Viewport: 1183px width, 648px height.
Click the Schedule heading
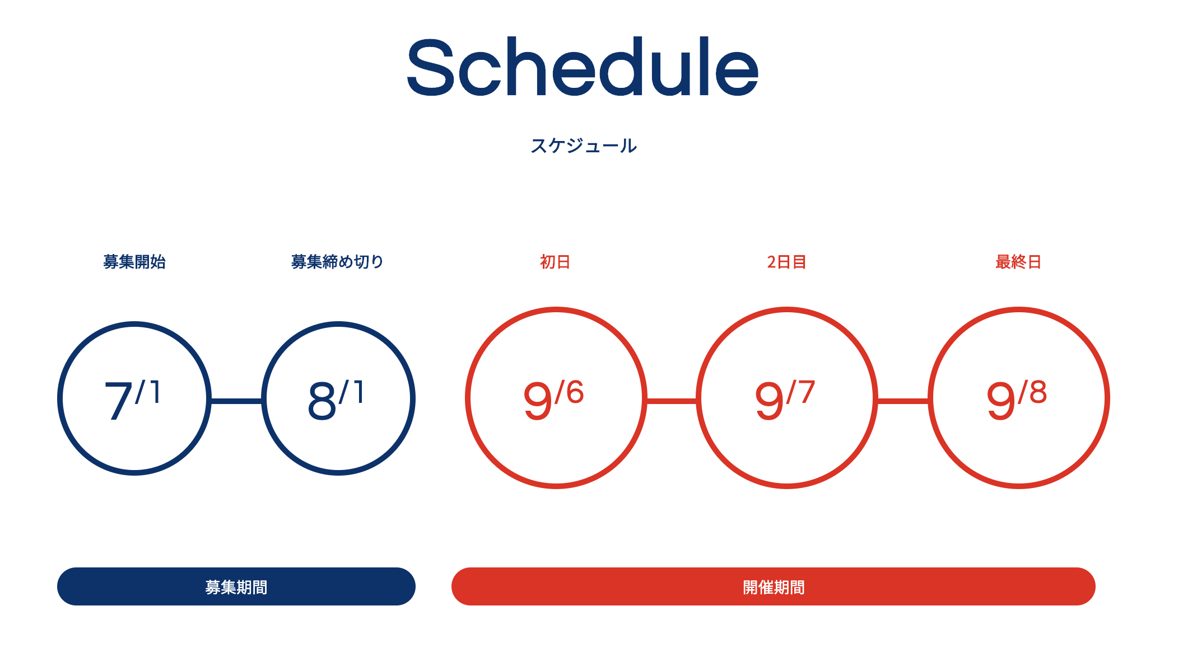coord(583,67)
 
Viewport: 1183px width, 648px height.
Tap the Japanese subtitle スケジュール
coord(584,146)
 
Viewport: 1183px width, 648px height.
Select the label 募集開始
coord(134,261)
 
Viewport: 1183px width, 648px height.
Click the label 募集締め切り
coord(337,261)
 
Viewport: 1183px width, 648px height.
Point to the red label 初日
coord(555,261)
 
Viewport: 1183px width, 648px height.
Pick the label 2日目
coord(786,261)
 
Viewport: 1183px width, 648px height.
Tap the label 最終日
coord(1018,261)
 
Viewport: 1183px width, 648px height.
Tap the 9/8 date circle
coord(930,398)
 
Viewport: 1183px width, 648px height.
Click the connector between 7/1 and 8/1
coord(236,401)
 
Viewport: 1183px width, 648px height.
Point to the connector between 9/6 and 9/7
coord(672,401)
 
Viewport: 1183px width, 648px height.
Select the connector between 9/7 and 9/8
coord(903,401)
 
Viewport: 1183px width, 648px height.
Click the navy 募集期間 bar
coord(236,586)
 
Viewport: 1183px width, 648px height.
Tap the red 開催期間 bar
coord(774,586)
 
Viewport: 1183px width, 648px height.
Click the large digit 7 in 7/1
coord(118,400)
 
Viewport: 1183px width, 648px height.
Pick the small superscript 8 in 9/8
coord(1038,392)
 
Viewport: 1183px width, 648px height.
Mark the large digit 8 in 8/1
coord(322,400)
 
